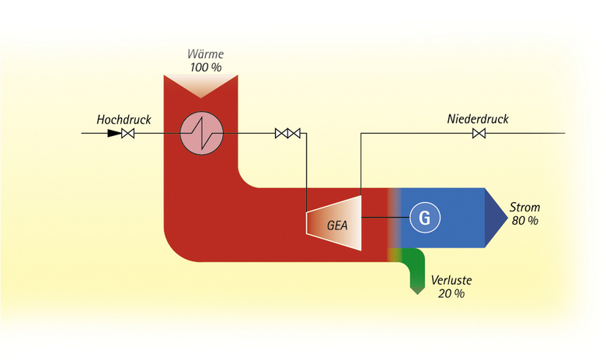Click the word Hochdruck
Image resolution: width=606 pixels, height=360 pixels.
124,120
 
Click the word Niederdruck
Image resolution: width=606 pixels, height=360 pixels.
478,119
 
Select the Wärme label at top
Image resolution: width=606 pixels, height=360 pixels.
204,54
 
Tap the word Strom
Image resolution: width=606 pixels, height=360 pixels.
524,208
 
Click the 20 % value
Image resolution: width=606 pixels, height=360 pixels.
451,293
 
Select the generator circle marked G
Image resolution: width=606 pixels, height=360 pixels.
424,218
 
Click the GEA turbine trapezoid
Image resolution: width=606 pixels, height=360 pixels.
335,222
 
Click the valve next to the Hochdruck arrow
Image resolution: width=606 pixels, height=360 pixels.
129,134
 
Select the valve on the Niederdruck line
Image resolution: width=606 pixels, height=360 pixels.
479,134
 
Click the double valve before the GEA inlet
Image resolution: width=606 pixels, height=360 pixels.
287,134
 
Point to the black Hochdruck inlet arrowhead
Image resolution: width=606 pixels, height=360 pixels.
114,134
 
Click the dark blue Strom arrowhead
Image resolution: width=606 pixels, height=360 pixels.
495,218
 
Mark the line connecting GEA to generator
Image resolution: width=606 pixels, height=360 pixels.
385,218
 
